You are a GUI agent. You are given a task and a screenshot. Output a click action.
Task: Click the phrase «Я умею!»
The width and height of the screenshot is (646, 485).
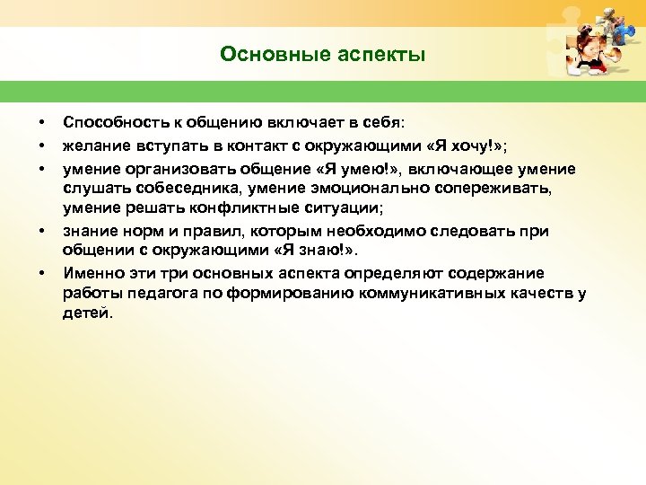click(370, 170)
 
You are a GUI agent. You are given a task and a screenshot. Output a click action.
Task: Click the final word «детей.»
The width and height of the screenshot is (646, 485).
click(88, 314)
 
